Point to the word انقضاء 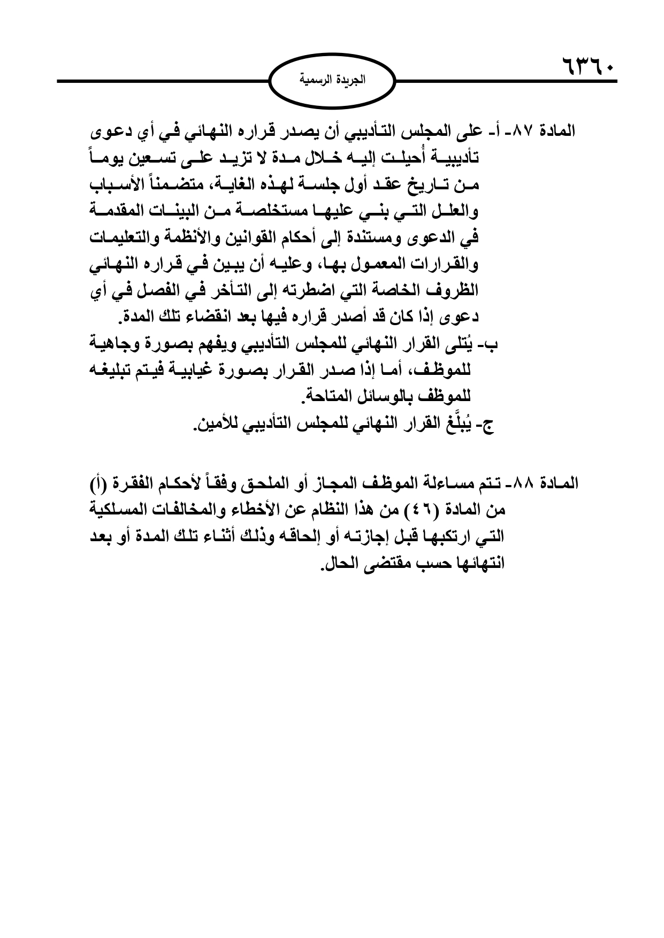click(202, 318)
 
